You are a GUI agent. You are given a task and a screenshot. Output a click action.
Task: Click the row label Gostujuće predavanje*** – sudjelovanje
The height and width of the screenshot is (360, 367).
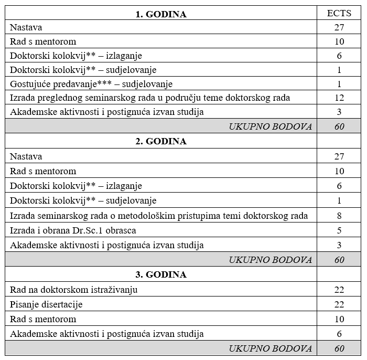91,84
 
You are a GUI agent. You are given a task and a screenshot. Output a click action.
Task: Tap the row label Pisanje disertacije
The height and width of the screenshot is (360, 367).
46,304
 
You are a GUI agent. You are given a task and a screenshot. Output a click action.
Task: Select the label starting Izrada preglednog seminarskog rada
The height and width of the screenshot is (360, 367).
150,98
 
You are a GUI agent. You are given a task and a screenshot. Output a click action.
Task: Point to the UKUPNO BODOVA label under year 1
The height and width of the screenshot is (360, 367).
270,126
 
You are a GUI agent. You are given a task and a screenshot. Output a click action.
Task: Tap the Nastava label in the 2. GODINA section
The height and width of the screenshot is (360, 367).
26,156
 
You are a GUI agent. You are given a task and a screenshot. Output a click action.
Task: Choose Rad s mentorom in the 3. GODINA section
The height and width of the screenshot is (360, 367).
43,319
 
